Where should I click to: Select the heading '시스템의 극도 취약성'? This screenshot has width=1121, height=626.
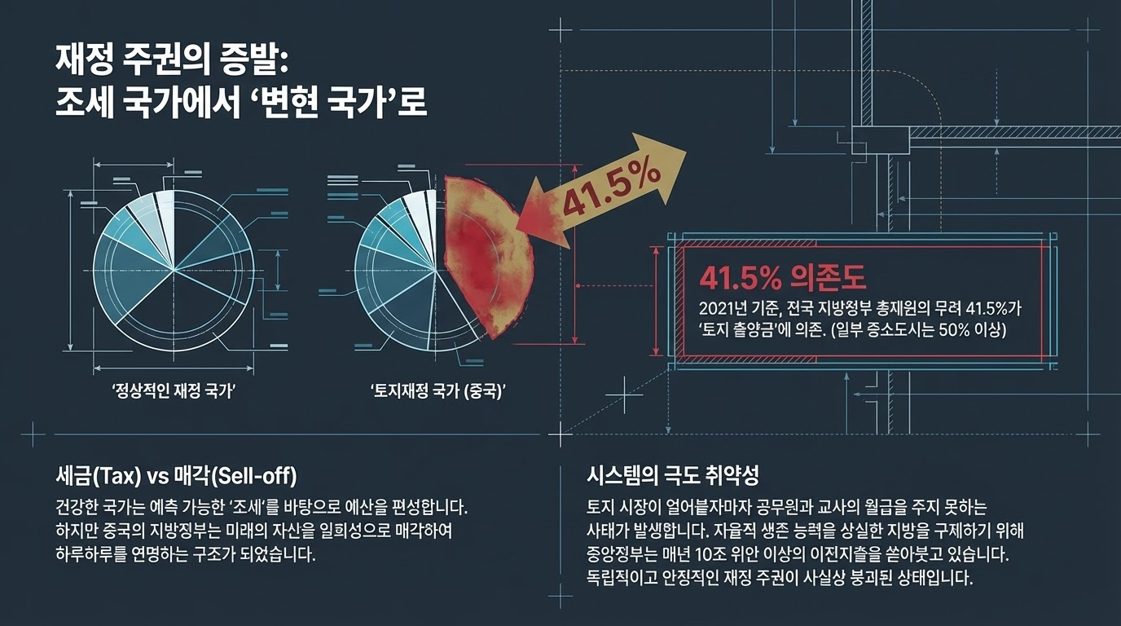point(673,474)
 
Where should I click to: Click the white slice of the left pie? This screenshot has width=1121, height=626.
point(166,214)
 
